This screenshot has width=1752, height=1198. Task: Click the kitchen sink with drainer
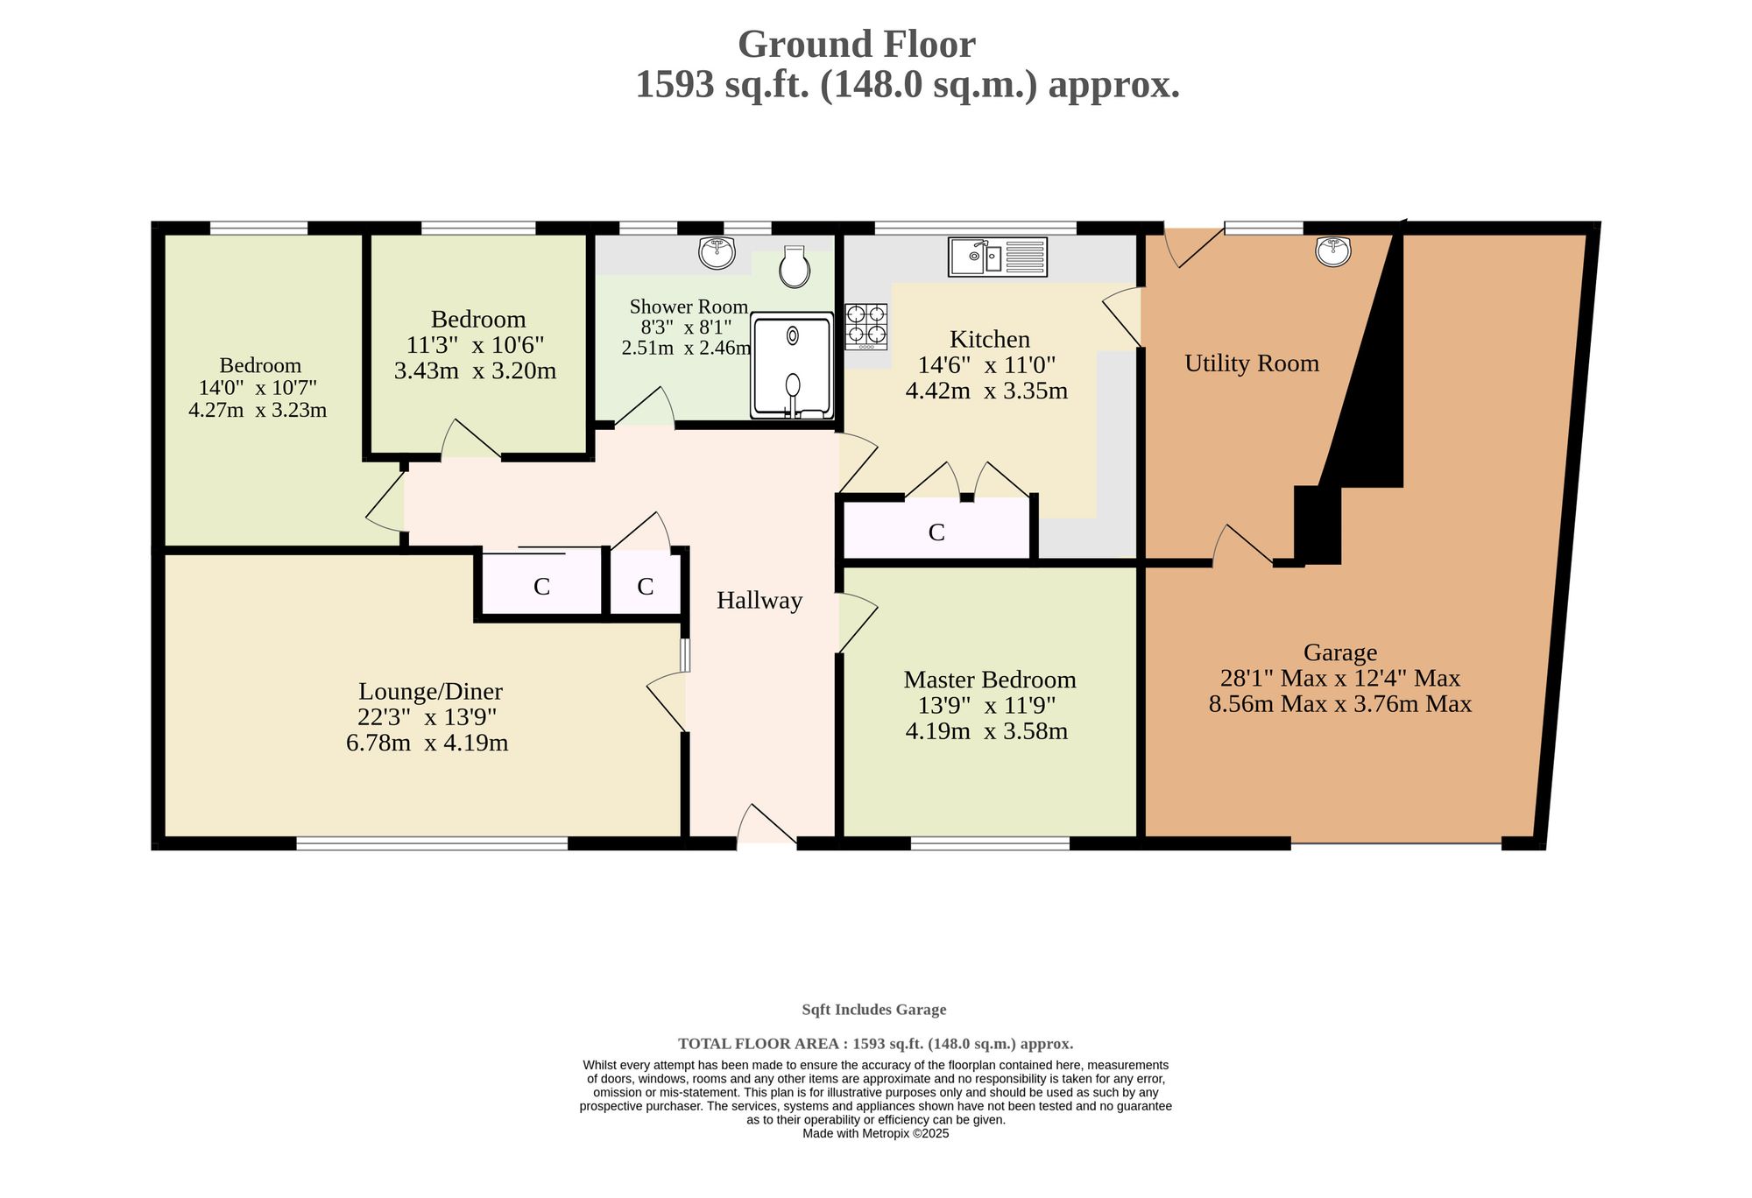[x=998, y=257]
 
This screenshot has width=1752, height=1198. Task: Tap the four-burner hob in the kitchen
[x=866, y=326]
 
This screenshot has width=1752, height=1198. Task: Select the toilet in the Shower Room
[x=795, y=266]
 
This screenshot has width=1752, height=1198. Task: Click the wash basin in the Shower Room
[x=717, y=252]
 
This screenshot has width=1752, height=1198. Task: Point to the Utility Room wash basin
[x=1333, y=250]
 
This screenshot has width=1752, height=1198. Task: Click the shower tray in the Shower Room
[x=792, y=365]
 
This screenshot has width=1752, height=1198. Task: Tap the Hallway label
[x=759, y=601]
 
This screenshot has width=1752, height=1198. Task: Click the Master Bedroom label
[x=990, y=680]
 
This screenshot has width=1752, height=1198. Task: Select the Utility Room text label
[x=1252, y=363]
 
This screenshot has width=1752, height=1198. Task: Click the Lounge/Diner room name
[x=430, y=692]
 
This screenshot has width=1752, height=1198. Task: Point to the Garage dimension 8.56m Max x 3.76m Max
[x=1340, y=704]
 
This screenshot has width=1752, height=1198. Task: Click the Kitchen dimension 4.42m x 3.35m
[x=986, y=391]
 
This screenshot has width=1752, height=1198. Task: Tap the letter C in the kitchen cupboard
[x=936, y=532]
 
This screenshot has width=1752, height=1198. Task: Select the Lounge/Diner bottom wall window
[x=432, y=843]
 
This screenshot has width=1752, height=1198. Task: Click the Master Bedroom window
[x=990, y=843]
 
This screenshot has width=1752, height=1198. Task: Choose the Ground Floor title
[x=856, y=45]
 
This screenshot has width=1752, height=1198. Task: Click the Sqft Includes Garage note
[x=874, y=1010]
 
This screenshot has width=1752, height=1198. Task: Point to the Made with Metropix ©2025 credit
[x=876, y=1133]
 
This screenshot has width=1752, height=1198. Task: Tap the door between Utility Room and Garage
[x=1243, y=546]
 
